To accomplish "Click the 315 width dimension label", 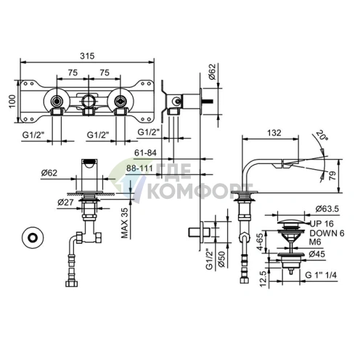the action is click(x=87, y=56).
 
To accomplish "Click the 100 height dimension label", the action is click(x=12, y=102).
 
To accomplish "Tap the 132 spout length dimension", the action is click(x=274, y=133).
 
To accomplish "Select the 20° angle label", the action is click(x=322, y=136).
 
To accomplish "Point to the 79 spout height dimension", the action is click(x=332, y=176).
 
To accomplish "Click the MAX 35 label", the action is click(x=124, y=223).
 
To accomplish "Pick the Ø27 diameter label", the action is click(x=65, y=202).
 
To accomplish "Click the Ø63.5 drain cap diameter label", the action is click(x=327, y=208).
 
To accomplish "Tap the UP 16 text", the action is click(x=322, y=224).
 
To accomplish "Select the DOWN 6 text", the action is click(x=327, y=234).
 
